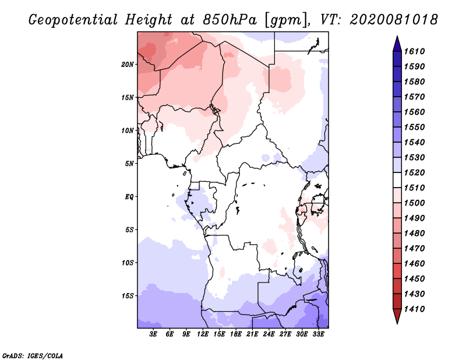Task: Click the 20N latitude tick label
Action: (128, 65)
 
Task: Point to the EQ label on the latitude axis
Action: (129, 197)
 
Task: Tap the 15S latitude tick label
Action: (128, 296)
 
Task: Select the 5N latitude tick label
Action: (129, 164)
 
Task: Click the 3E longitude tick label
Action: (153, 334)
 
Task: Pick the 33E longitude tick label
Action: (318, 334)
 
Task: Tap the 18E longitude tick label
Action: (236, 334)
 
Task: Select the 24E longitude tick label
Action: (269, 334)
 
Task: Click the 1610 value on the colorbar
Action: (414, 51)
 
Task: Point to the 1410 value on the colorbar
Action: (414, 309)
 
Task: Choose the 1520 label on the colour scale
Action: (414, 172)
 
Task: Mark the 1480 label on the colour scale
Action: (414, 234)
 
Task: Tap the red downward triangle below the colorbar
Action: (397, 316)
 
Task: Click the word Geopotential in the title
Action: (73, 20)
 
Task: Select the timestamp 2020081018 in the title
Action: (394, 20)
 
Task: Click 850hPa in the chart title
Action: (230, 20)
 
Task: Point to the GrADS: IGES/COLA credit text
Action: (33, 355)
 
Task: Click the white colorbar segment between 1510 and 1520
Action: (397, 180)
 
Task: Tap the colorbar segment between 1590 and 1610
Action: (397, 59)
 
